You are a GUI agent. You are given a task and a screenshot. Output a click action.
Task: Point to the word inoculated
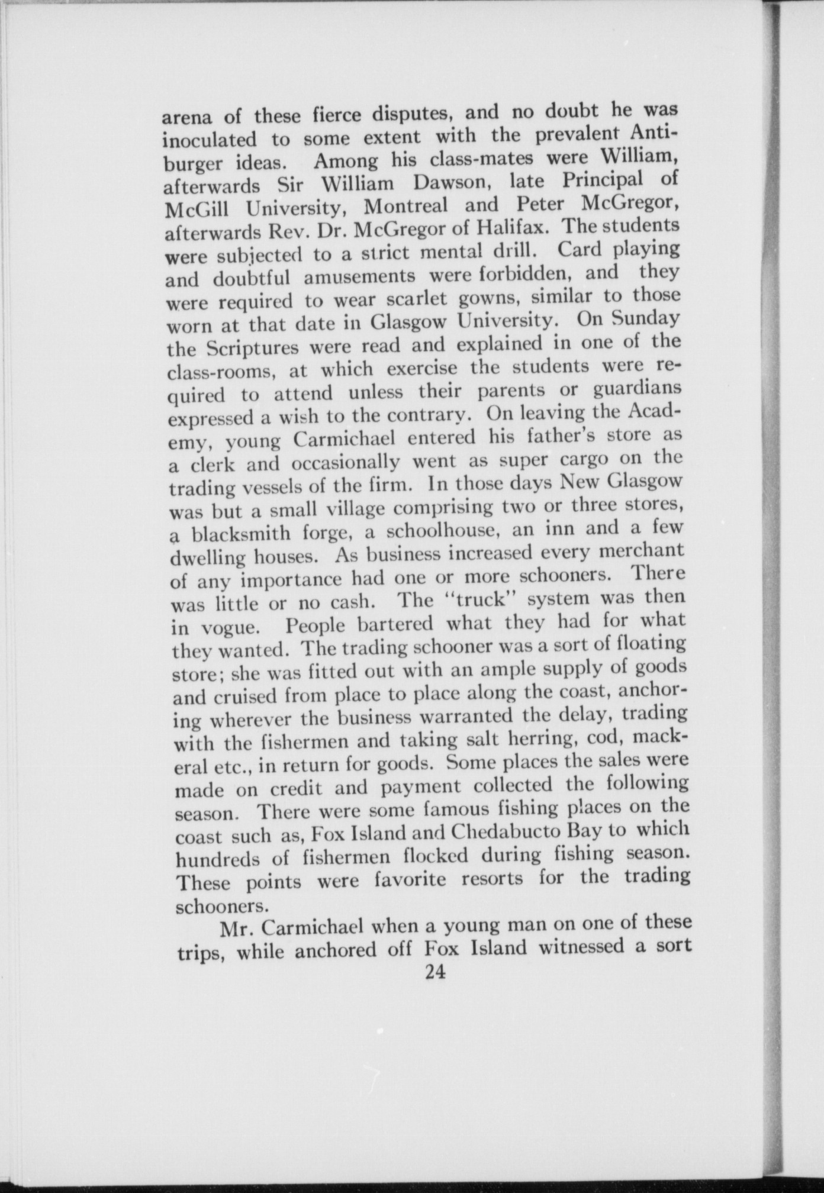click(x=209, y=140)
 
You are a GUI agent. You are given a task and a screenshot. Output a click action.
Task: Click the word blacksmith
click(x=242, y=534)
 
